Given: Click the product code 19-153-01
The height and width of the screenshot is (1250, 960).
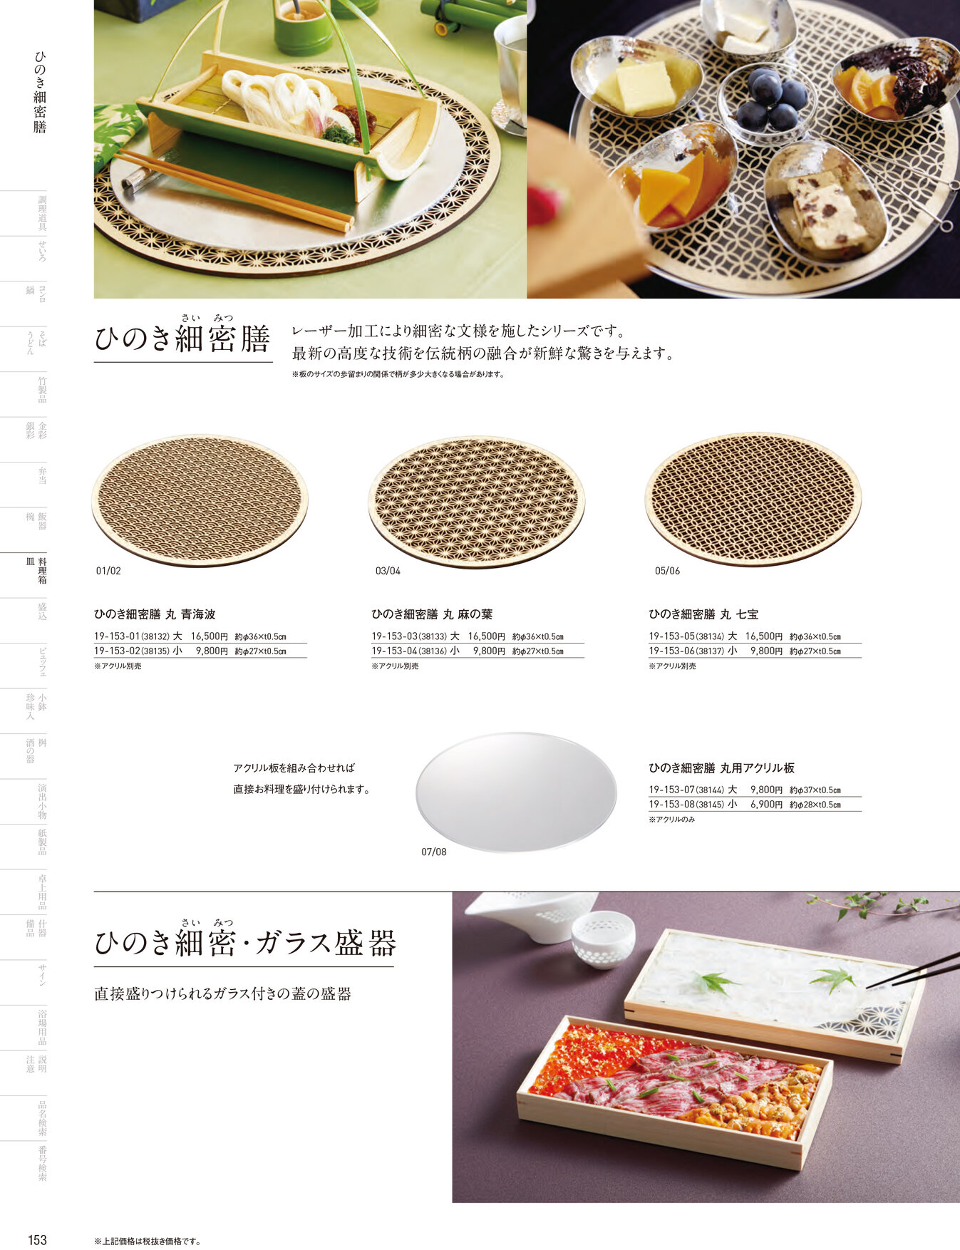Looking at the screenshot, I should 116,636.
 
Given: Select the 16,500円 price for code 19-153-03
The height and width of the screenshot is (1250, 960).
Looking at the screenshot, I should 486,636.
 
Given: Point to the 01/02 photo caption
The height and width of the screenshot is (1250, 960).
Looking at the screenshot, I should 108,571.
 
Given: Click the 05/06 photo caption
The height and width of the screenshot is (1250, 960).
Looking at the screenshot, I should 667,571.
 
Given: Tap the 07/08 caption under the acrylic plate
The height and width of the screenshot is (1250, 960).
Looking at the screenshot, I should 433,852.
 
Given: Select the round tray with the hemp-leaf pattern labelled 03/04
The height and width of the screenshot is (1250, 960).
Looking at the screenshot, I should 476,501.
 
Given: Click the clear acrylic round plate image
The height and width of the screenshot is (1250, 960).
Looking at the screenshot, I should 515,792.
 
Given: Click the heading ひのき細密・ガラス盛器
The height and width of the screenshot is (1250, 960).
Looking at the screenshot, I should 244,944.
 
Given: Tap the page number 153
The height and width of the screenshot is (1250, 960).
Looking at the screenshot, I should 37,1240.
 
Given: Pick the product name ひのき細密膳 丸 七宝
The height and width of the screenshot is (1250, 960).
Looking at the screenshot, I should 703,614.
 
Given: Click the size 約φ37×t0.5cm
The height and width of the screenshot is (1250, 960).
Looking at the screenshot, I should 815,790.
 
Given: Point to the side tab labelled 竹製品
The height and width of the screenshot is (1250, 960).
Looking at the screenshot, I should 42,390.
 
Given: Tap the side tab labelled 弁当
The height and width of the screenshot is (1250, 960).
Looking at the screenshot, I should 42,475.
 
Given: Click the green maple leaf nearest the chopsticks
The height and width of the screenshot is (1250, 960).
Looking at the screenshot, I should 832,978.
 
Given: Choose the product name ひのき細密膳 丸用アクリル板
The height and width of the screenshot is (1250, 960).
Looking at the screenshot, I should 721,768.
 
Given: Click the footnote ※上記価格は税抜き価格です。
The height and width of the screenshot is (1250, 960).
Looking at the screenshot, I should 148,1241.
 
